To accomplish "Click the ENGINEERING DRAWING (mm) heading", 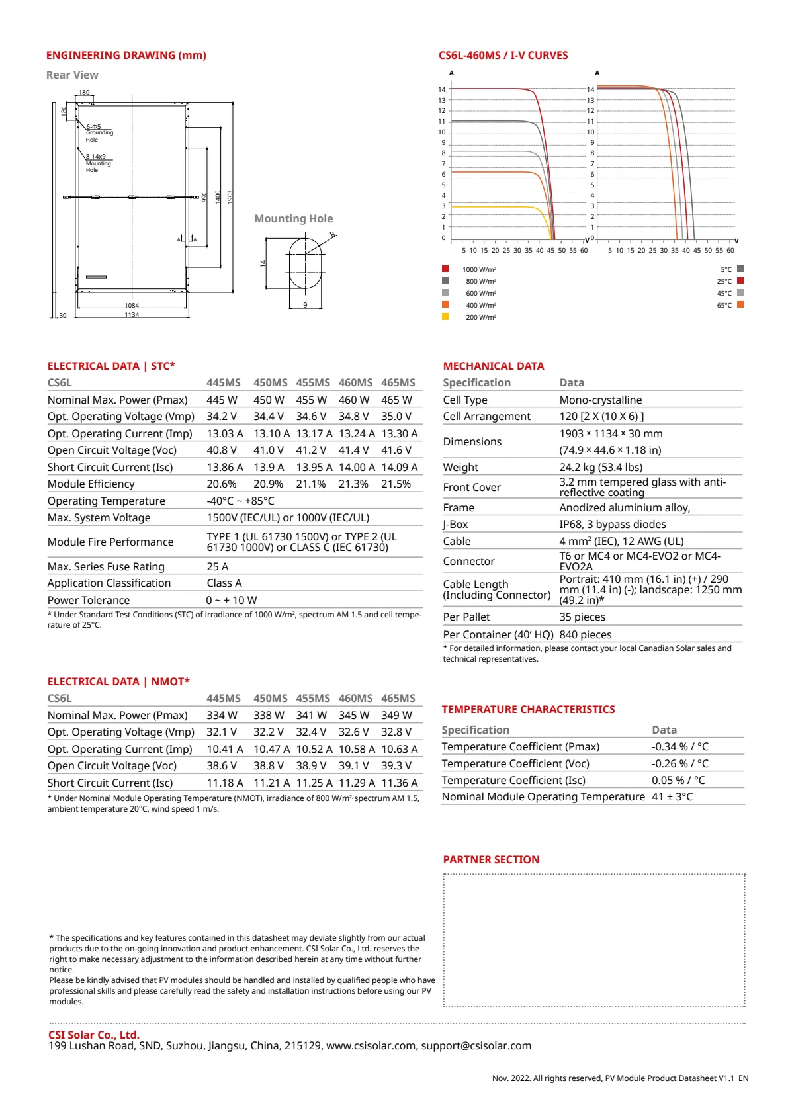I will click(x=126, y=56).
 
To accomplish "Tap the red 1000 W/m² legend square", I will click(x=445, y=269).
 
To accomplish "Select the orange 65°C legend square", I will click(x=740, y=304).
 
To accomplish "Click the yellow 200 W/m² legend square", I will click(x=445, y=316).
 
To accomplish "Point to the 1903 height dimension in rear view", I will click(x=230, y=196).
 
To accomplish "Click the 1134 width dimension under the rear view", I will click(x=132, y=315).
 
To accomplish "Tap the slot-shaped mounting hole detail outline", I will click(x=305, y=263).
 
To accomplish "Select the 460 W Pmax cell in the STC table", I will click(x=354, y=400).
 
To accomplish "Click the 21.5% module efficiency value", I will click(x=396, y=484).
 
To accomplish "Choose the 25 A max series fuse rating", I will click(x=218, y=567).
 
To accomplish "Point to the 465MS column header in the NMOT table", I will click(x=398, y=699).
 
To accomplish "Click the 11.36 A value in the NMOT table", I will click(x=399, y=783).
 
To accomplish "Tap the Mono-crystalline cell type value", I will click(x=601, y=400).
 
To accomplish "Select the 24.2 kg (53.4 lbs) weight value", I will click(x=601, y=468).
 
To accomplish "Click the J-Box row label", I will click(x=455, y=525).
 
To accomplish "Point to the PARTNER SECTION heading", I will click(x=491, y=860).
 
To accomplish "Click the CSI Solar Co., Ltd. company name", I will click(x=94, y=1035).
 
